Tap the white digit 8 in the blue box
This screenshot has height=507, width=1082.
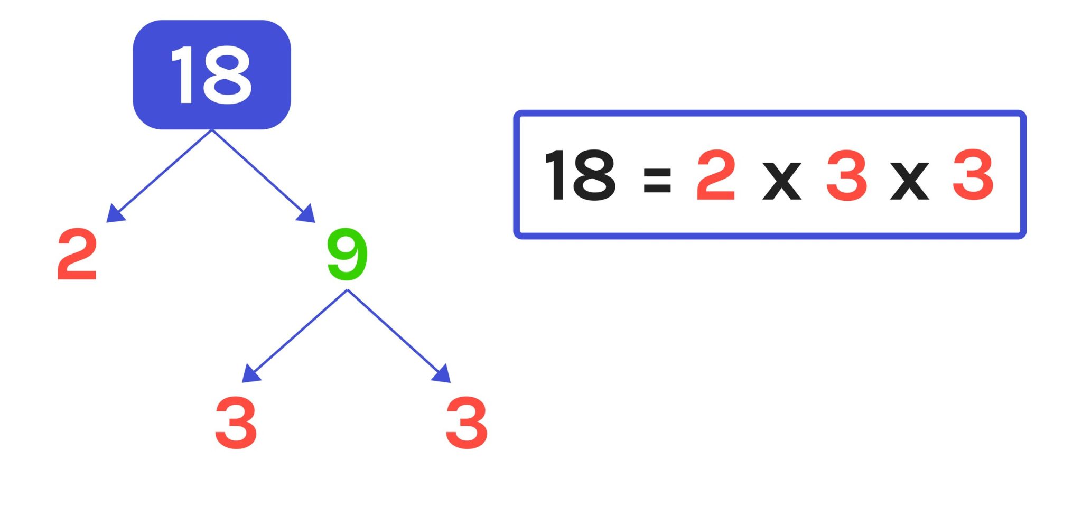point(227,74)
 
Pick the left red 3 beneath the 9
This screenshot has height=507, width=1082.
point(236,422)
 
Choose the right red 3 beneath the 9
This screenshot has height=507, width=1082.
point(467,422)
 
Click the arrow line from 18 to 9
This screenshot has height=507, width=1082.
point(259,172)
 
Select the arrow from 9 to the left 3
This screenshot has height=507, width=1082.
point(299,333)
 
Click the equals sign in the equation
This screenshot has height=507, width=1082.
point(657,180)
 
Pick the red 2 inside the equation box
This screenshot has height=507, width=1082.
point(716,175)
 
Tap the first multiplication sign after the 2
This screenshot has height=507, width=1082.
point(782,181)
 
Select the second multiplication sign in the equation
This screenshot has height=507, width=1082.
point(909,181)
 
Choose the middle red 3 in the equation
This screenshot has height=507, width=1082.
point(846,175)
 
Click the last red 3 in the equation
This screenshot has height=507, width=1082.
point(973,175)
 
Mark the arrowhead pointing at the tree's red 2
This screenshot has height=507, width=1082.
point(115,213)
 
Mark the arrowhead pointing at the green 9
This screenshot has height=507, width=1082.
point(307,213)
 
